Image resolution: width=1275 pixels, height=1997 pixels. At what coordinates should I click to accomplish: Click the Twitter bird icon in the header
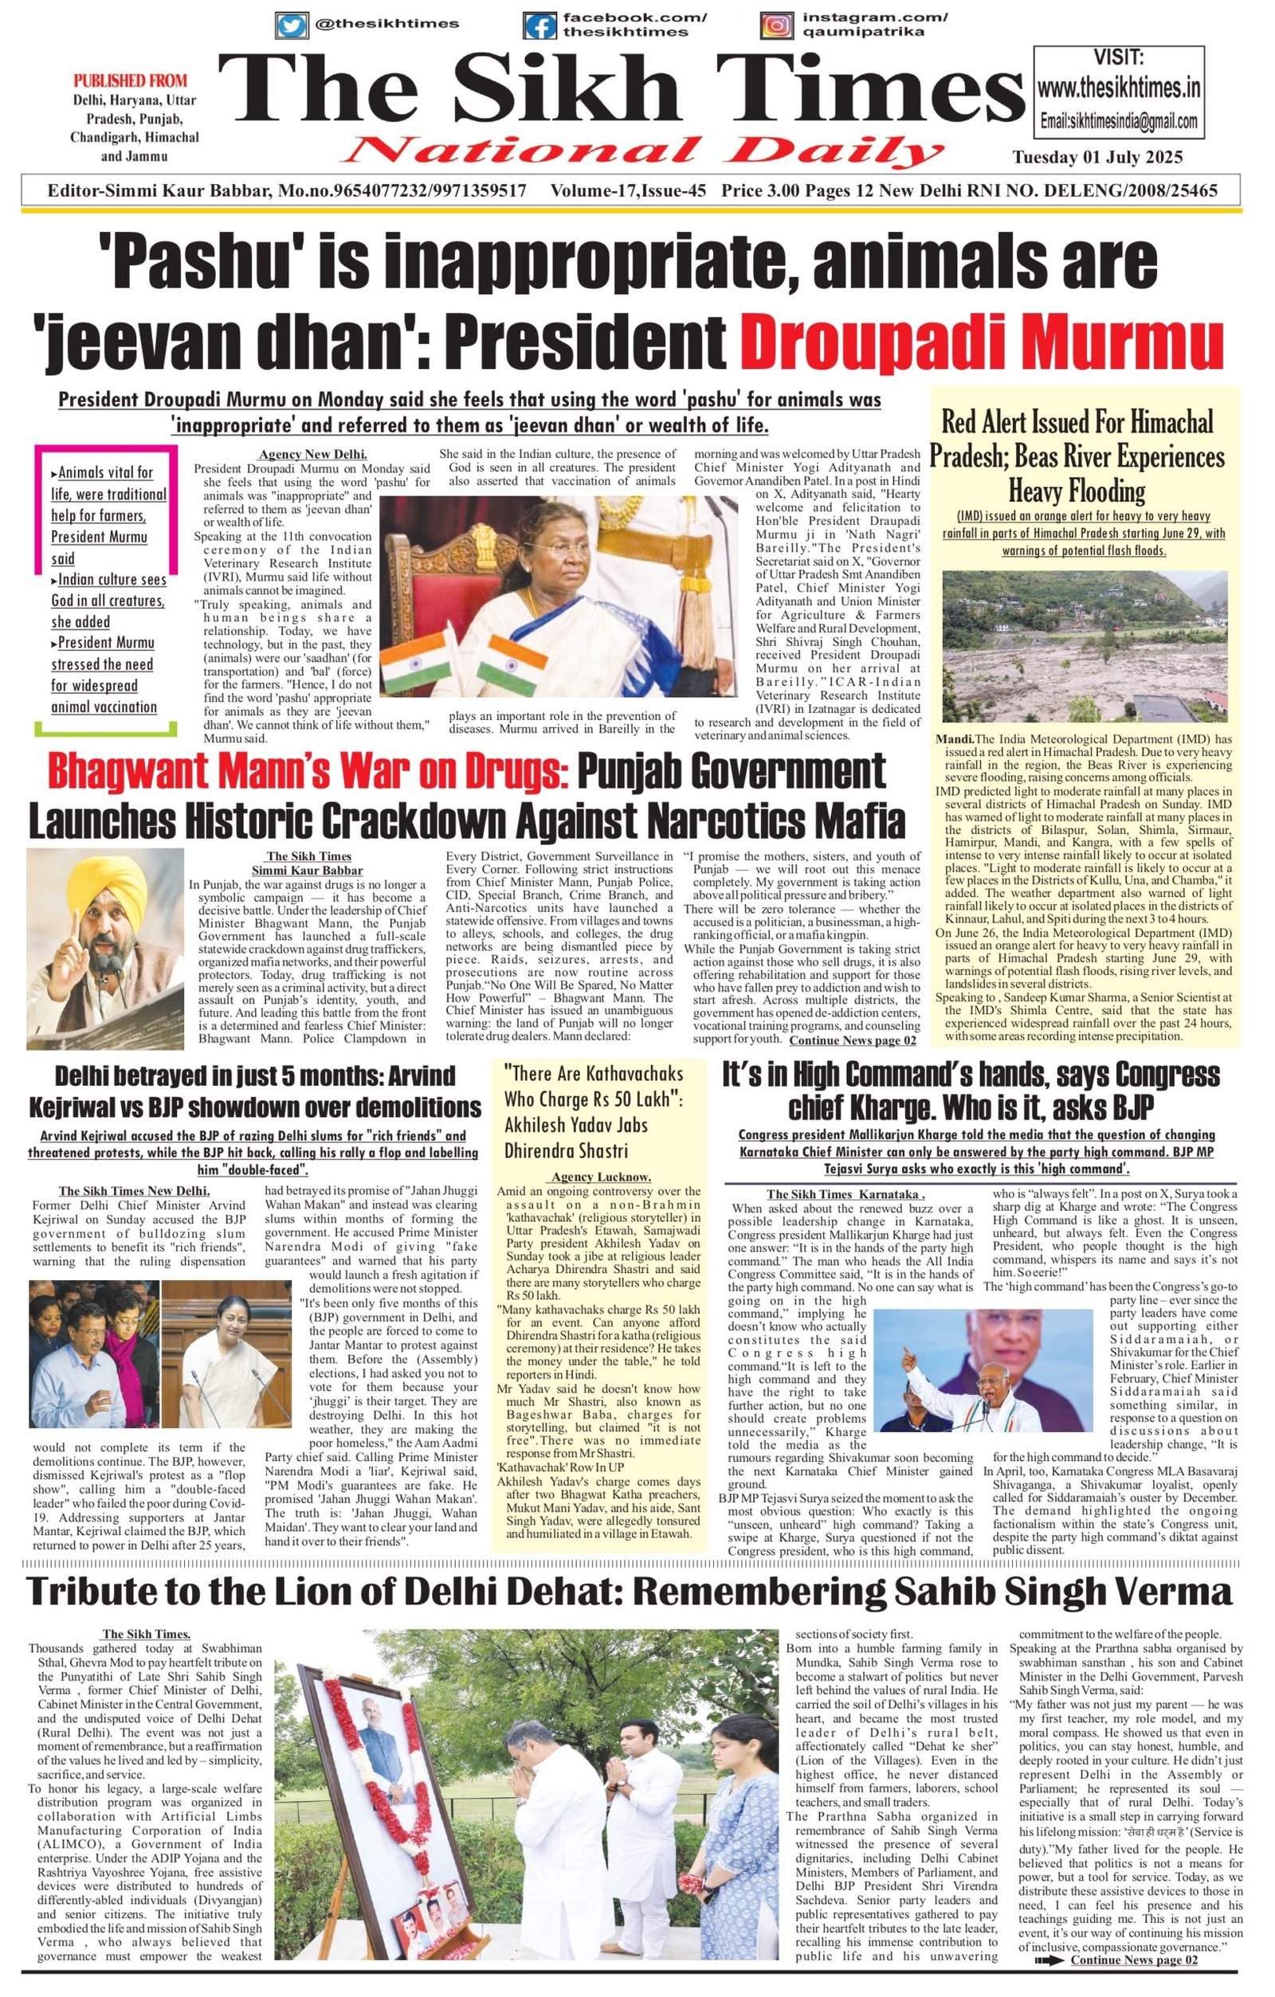[291, 25]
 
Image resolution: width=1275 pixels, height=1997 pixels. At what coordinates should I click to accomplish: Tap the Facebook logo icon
[540, 25]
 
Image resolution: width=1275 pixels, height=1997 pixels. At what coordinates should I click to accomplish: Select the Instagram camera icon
[775, 25]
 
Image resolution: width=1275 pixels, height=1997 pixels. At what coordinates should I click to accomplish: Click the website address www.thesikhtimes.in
[1119, 87]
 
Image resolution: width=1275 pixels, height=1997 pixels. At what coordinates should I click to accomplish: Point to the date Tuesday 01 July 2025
[1096, 158]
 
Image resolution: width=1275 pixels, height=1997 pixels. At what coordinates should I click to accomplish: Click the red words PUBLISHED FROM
[130, 81]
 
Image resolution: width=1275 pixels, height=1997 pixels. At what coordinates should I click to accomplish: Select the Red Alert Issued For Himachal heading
[1076, 422]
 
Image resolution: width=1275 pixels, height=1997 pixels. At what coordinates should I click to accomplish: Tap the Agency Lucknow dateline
[601, 1177]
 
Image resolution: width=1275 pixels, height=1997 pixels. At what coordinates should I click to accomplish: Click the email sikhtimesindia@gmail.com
[1119, 121]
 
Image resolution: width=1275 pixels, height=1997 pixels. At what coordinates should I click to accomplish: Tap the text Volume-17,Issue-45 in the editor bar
[628, 190]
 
